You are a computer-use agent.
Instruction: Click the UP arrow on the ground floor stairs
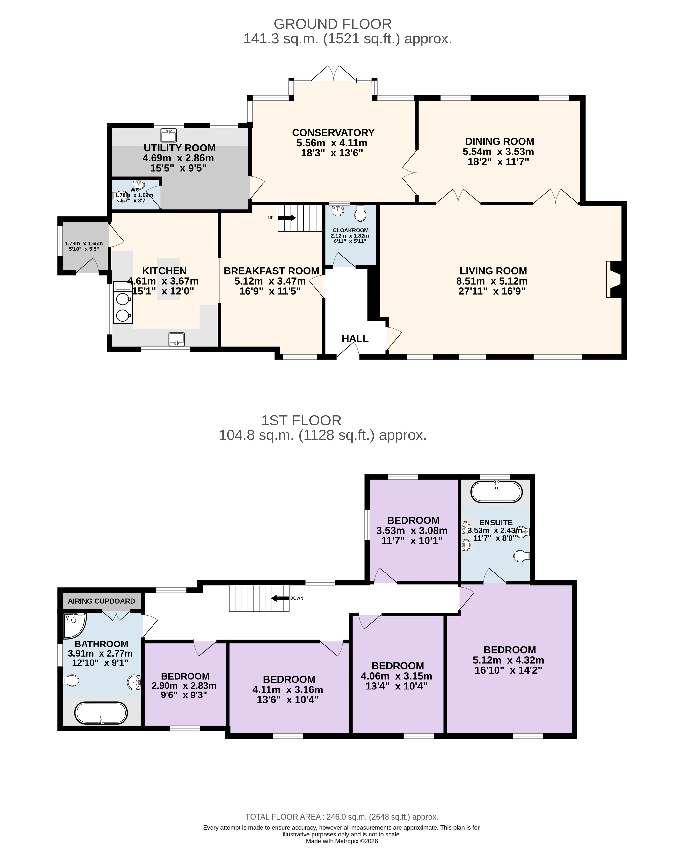tap(287, 218)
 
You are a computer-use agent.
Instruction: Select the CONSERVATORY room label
tap(333, 132)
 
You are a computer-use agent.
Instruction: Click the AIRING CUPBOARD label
tap(101, 601)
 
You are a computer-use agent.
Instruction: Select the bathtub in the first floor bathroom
tap(101, 713)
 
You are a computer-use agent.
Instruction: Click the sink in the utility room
tap(169, 135)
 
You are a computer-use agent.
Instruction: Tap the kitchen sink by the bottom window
tap(177, 339)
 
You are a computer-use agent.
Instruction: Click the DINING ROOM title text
tap(499, 141)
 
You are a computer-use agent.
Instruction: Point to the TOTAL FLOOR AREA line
tap(342, 817)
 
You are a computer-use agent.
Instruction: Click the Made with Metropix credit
tap(342, 841)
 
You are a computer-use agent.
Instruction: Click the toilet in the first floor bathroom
tap(71, 680)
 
